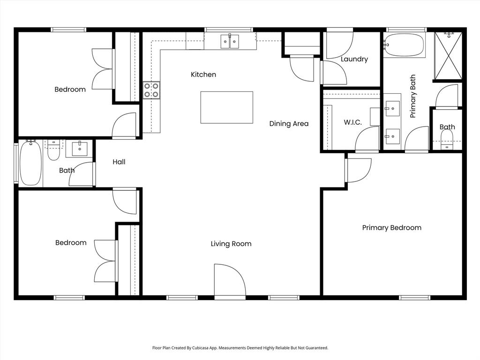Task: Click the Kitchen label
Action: pyautogui.click(x=203, y=75)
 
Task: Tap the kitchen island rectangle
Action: pyautogui.click(x=226, y=107)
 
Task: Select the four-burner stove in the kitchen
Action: pyautogui.click(x=151, y=90)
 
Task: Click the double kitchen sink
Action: pyautogui.click(x=230, y=42)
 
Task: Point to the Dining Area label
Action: pyautogui.click(x=289, y=124)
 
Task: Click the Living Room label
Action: pyautogui.click(x=231, y=244)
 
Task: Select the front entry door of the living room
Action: pyautogui.click(x=229, y=281)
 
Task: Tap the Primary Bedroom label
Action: pyautogui.click(x=391, y=228)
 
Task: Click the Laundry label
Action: pyautogui.click(x=354, y=59)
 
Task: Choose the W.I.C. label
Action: pyautogui.click(x=352, y=122)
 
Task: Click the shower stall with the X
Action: pyautogui.click(x=448, y=56)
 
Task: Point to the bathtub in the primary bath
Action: pyautogui.click(x=404, y=45)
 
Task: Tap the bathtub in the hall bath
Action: pyautogui.click(x=31, y=163)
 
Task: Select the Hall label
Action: pyautogui.click(x=119, y=162)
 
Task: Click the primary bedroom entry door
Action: pyautogui.click(x=357, y=170)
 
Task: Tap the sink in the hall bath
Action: pyautogui.click(x=79, y=149)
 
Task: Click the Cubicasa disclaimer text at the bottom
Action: pyautogui.click(x=240, y=348)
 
